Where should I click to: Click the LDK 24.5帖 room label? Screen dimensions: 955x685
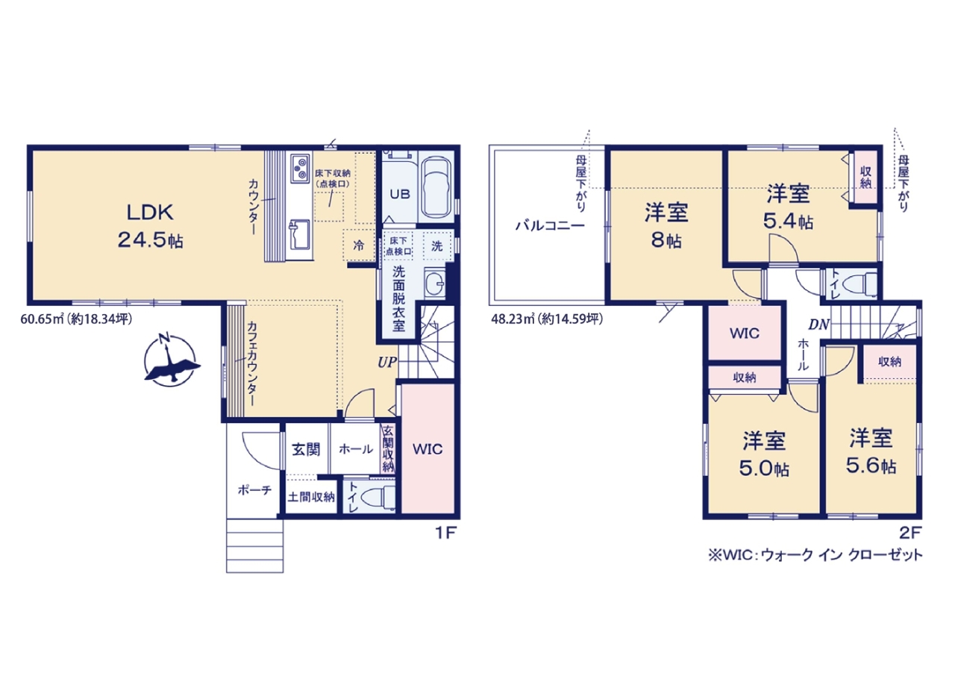150,227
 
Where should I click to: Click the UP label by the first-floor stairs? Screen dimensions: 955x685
387,362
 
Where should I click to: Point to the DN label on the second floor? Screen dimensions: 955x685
819,325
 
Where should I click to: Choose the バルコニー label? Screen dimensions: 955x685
550,225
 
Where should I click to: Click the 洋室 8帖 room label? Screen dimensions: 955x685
666,227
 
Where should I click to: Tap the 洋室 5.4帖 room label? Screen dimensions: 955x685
789,207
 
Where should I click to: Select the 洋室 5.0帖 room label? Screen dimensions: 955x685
764,454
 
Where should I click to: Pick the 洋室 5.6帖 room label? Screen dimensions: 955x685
871,451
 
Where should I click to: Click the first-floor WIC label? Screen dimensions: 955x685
428,449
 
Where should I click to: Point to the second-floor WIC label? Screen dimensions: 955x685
745,333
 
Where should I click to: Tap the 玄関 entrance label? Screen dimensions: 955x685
306,449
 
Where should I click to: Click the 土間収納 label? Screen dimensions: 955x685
311,497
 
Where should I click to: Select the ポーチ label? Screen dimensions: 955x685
254,490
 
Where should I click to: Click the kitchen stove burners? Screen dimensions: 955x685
300,169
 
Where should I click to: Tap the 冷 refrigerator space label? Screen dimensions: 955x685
359,245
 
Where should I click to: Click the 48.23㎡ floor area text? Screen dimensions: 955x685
547,319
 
